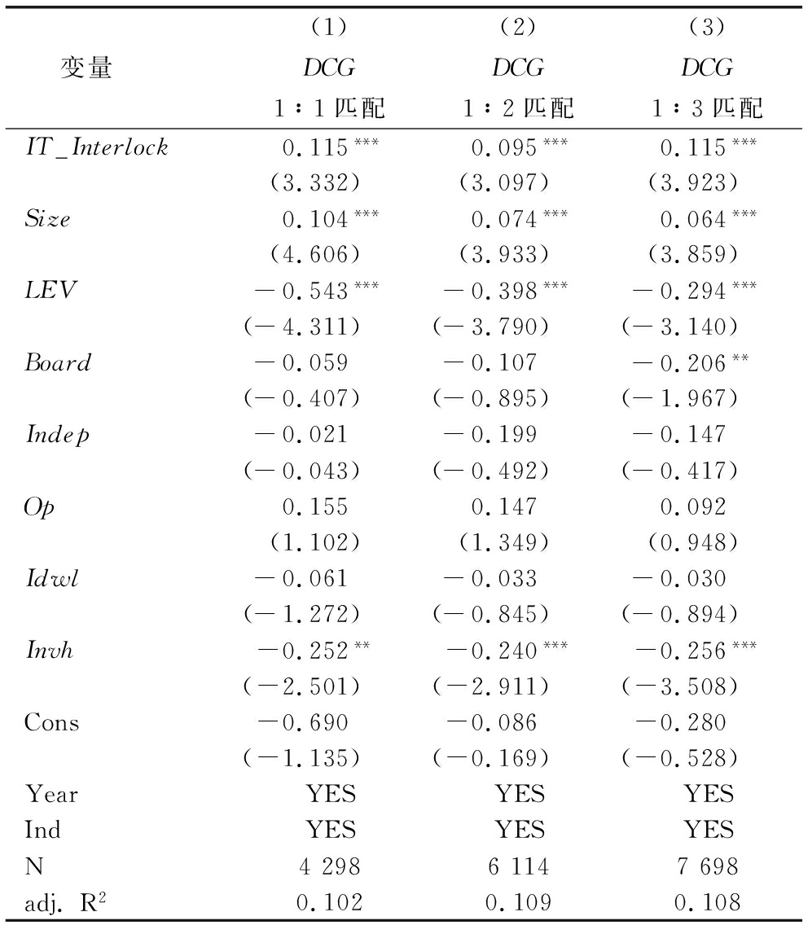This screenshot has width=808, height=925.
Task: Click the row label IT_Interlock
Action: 96,147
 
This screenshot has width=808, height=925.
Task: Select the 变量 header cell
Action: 86,68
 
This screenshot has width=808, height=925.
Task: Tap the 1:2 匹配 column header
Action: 519,107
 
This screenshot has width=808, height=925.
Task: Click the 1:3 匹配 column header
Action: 707,107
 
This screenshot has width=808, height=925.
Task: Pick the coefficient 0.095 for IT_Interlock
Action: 505,147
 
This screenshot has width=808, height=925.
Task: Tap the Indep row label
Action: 57,434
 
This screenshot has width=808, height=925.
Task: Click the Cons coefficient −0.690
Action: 303,722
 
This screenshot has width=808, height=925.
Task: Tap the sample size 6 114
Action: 519,866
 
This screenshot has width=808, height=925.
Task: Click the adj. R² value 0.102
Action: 331,902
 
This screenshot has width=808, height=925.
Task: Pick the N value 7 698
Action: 707,866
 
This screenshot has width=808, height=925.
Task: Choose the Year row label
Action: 51,794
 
